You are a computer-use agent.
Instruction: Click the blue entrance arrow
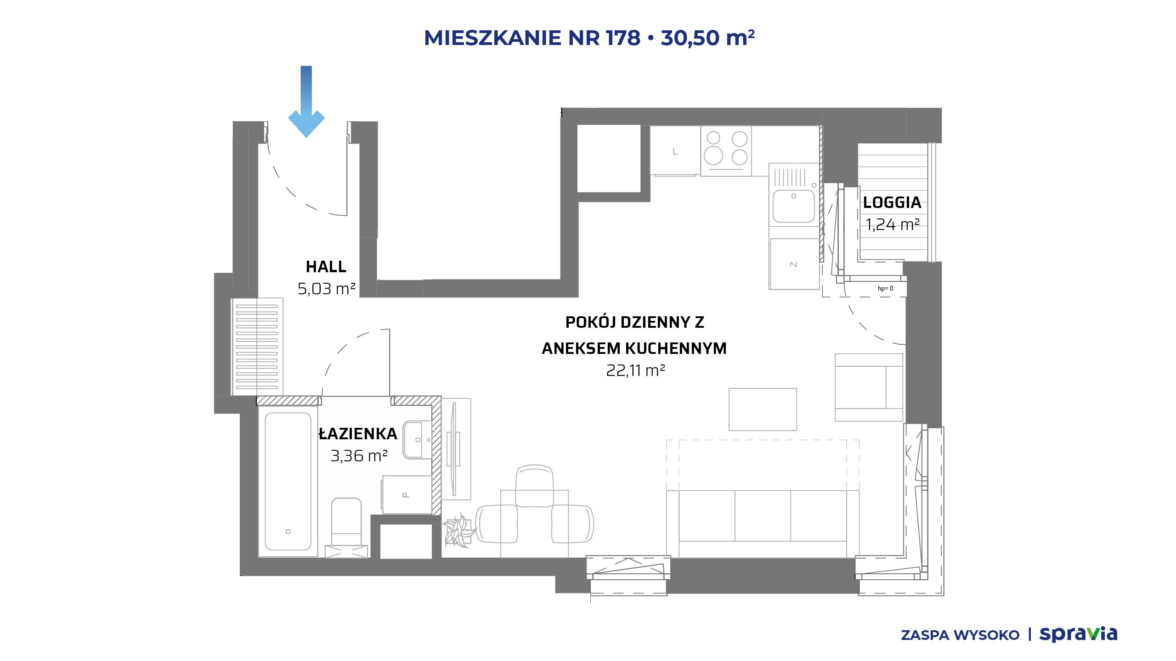(306, 101)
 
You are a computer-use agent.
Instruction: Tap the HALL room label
(326, 267)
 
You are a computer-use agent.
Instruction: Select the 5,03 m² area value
(327, 289)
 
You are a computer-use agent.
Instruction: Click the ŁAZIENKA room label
(358, 433)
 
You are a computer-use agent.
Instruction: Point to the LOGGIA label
(892, 202)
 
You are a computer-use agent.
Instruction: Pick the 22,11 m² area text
(636, 370)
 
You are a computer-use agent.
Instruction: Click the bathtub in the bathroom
(288, 481)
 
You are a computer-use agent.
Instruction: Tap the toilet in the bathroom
(346, 528)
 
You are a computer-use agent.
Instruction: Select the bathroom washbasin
(417, 440)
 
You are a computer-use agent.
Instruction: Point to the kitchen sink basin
(793, 206)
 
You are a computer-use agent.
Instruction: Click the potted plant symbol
(459, 531)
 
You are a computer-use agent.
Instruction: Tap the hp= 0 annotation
(885, 289)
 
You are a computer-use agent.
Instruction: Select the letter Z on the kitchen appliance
(793, 264)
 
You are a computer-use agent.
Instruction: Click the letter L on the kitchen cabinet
(675, 151)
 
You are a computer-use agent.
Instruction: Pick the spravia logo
(1078, 634)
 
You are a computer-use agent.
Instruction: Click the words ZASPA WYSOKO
(960, 635)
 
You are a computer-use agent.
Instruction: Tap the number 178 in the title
(623, 38)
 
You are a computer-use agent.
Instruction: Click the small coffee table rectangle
(763, 409)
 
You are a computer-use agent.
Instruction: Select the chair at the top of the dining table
(534, 486)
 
